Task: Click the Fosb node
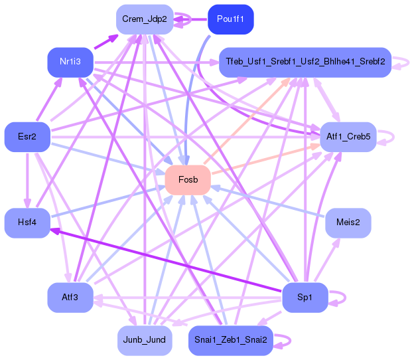(188, 180)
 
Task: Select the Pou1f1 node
(231, 19)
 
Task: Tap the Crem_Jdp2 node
(145, 19)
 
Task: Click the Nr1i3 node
(70, 62)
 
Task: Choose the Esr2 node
(27, 137)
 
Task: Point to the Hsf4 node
(27, 223)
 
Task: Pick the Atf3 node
(70, 298)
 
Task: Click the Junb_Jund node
(145, 341)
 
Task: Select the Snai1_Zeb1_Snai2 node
(231, 341)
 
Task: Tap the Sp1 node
(305, 298)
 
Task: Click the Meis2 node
(348, 223)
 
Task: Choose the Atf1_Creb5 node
(348, 137)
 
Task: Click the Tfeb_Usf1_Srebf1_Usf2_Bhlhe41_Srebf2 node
(305, 62)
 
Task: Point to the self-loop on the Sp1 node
(345, 298)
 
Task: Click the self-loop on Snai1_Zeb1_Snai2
(290, 341)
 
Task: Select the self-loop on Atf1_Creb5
(393, 137)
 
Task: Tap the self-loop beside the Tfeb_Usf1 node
(408, 62)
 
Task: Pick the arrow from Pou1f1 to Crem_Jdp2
(190, 19)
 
